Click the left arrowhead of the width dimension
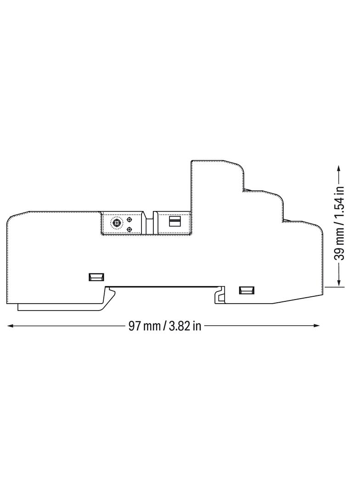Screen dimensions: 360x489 pos(10,326)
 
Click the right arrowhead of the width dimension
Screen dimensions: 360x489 pos(316,326)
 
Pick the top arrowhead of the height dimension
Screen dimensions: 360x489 pos(339,168)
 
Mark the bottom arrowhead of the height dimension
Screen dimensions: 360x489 pos(339,283)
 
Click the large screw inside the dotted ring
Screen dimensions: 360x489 pos(117,222)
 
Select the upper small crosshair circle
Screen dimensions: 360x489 pos(129,220)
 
